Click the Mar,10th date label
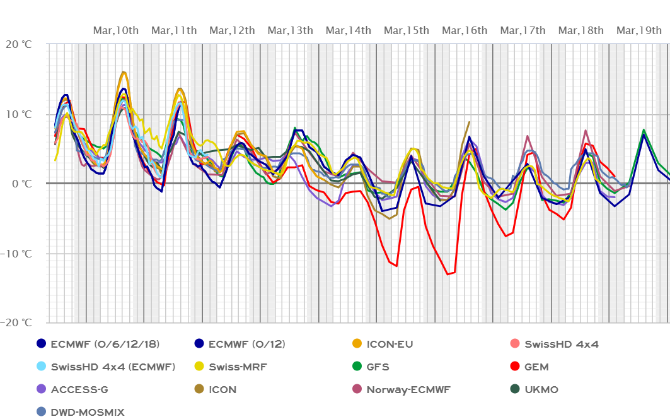pos(116,30)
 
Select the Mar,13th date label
pos(290,30)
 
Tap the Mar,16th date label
pos(465,30)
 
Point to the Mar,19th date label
pos(638,30)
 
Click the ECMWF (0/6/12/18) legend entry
pos(105,344)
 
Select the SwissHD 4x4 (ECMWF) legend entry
pos(113,367)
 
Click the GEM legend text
pos(536,367)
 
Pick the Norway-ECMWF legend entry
pos(408,389)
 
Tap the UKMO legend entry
pos(541,389)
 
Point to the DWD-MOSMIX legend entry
pos(88,412)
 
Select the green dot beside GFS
pos(357,367)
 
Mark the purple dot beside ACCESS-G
pos(42,389)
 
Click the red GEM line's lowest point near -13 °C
pos(448,274)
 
